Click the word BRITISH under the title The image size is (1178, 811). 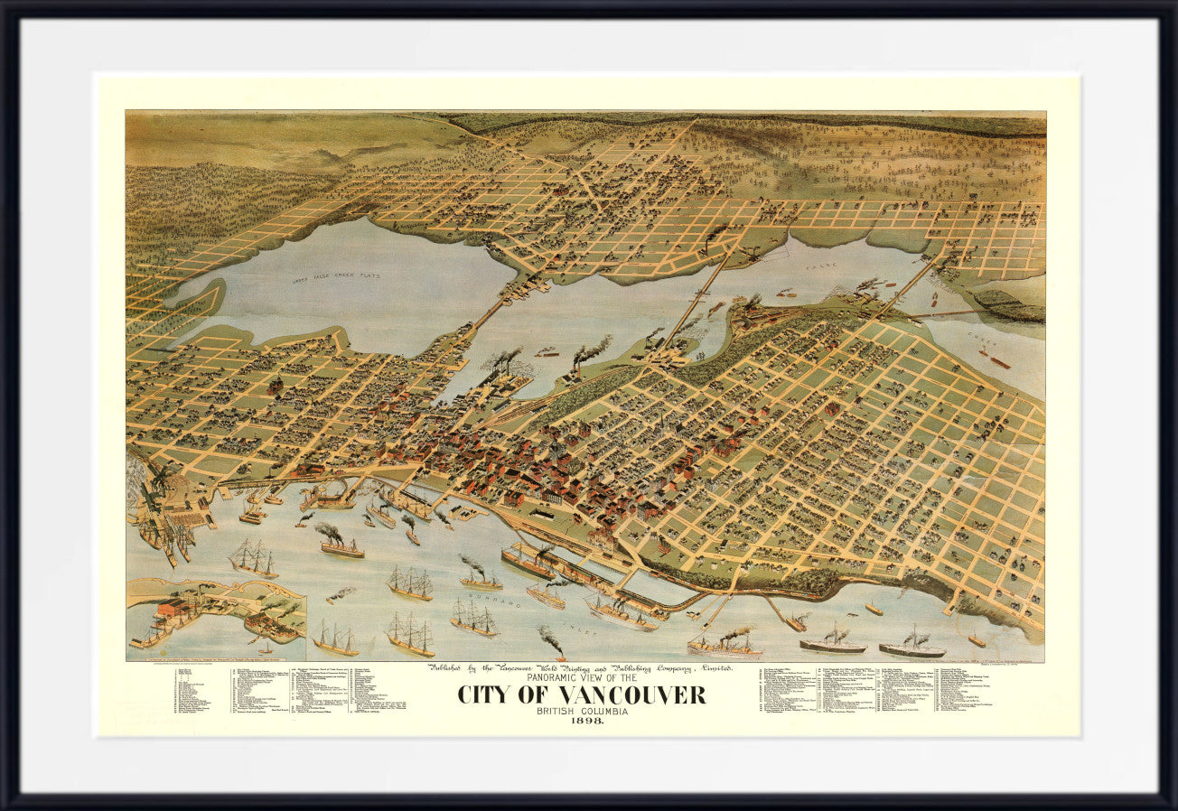[552, 711]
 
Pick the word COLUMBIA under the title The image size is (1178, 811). [602, 711]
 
